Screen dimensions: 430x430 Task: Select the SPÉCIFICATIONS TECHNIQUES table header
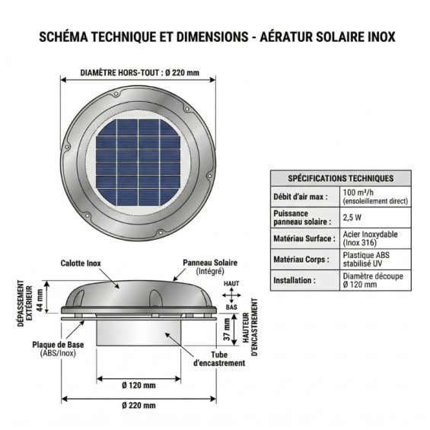coord(341,179)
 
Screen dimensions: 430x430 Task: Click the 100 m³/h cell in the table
coord(375,197)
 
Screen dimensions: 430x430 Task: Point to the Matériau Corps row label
coord(301,260)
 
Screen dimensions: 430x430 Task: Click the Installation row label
coord(295,280)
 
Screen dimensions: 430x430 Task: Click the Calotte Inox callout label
coord(81,263)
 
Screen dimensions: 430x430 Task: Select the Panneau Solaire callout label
coord(210,266)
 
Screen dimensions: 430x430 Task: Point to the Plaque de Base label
coord(58,349)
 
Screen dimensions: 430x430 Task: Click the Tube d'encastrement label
coord(219,358)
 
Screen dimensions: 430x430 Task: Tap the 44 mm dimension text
coord(40,301)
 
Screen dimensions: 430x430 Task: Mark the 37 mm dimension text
coord(227,330)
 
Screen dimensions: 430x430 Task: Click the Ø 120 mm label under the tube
coord(139,385)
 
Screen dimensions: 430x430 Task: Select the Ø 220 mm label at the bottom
coord(139,406)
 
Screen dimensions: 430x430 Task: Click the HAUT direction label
coord(231,284)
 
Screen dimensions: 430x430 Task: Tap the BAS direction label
coord(231,307)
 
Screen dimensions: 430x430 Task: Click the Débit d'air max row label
coord(301,197)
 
